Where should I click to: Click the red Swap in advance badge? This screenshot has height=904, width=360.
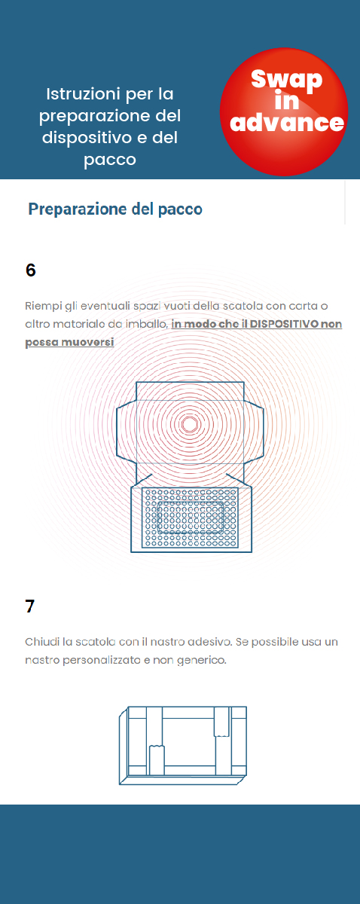coord(284,111)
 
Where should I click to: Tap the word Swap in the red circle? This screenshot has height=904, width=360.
coord(286,79)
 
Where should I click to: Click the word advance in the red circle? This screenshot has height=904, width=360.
coord(287,122)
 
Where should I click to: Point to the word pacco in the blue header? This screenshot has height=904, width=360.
coord(110,160)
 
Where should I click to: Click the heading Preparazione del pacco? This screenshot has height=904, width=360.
coord(115,209)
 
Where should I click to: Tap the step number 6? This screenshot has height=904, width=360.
coord(30,270)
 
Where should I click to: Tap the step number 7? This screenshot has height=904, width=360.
coord(30,606)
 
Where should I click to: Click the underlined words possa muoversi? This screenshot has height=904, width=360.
coord(69,342)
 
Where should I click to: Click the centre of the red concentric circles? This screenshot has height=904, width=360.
coord(190,424)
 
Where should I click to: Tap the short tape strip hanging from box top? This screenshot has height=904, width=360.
coord(221,721)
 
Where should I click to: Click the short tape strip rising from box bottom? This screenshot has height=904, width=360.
coord(157,760)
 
